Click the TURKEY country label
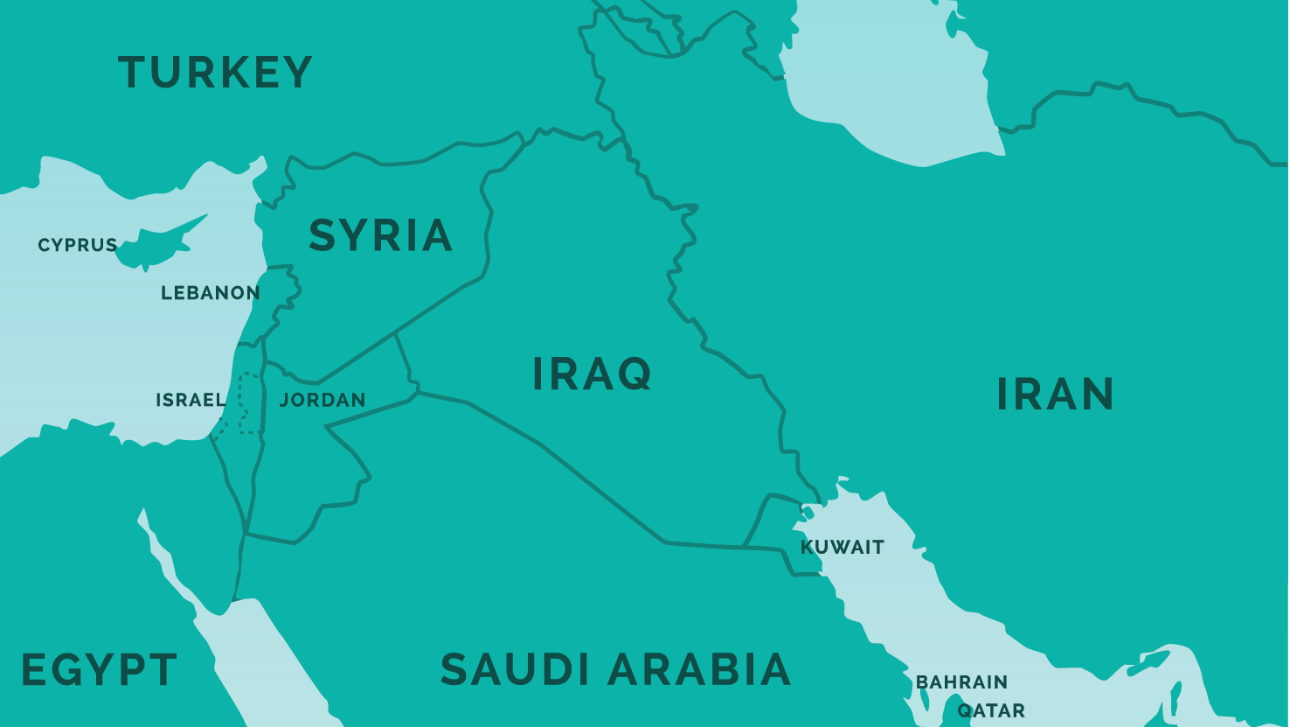[215, 73]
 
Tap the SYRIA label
[380, 235]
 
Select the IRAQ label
[592, 374]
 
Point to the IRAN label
[1055, 395]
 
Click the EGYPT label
[99, 670]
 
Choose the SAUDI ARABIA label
[615, 670]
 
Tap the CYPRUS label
[77, 245]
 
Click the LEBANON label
[210, 293]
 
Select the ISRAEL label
[190, 400]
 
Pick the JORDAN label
[322, 400]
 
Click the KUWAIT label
[843, 548]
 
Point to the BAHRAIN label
[961, 682]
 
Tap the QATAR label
[991, 710]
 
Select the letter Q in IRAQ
[633, 374]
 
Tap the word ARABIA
[699, 670]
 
